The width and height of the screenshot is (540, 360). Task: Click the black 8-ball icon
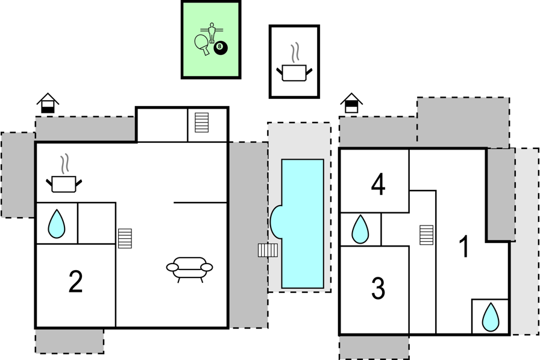coord(221,48)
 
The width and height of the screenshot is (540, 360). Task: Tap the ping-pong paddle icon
coord(202,45)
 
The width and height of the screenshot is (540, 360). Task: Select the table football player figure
coord(212,32)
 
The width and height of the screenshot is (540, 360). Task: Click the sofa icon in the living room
coord(189,270)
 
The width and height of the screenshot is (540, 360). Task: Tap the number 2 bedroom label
coord(76,282)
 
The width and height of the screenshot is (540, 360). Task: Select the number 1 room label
coord(465,246)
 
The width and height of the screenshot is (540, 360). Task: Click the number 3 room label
coord(378,288)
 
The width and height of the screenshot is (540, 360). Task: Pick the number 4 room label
coord(378,185)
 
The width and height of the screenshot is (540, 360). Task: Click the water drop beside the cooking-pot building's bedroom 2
coord(57,224)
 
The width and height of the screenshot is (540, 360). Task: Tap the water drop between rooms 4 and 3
coord(360,229)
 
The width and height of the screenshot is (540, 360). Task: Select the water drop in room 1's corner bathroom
coord(491,317)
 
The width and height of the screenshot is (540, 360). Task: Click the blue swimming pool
coord(303,224)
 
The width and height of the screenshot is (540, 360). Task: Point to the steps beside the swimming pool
coord(268,250)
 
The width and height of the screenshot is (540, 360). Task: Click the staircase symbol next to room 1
coord(426,235)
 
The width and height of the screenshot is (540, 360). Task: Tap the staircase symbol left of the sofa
coord(125,238)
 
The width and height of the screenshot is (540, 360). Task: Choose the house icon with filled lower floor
coord(48,103)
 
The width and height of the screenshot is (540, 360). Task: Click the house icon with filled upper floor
coord(351,103)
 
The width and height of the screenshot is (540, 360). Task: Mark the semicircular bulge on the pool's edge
coord(276,222)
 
